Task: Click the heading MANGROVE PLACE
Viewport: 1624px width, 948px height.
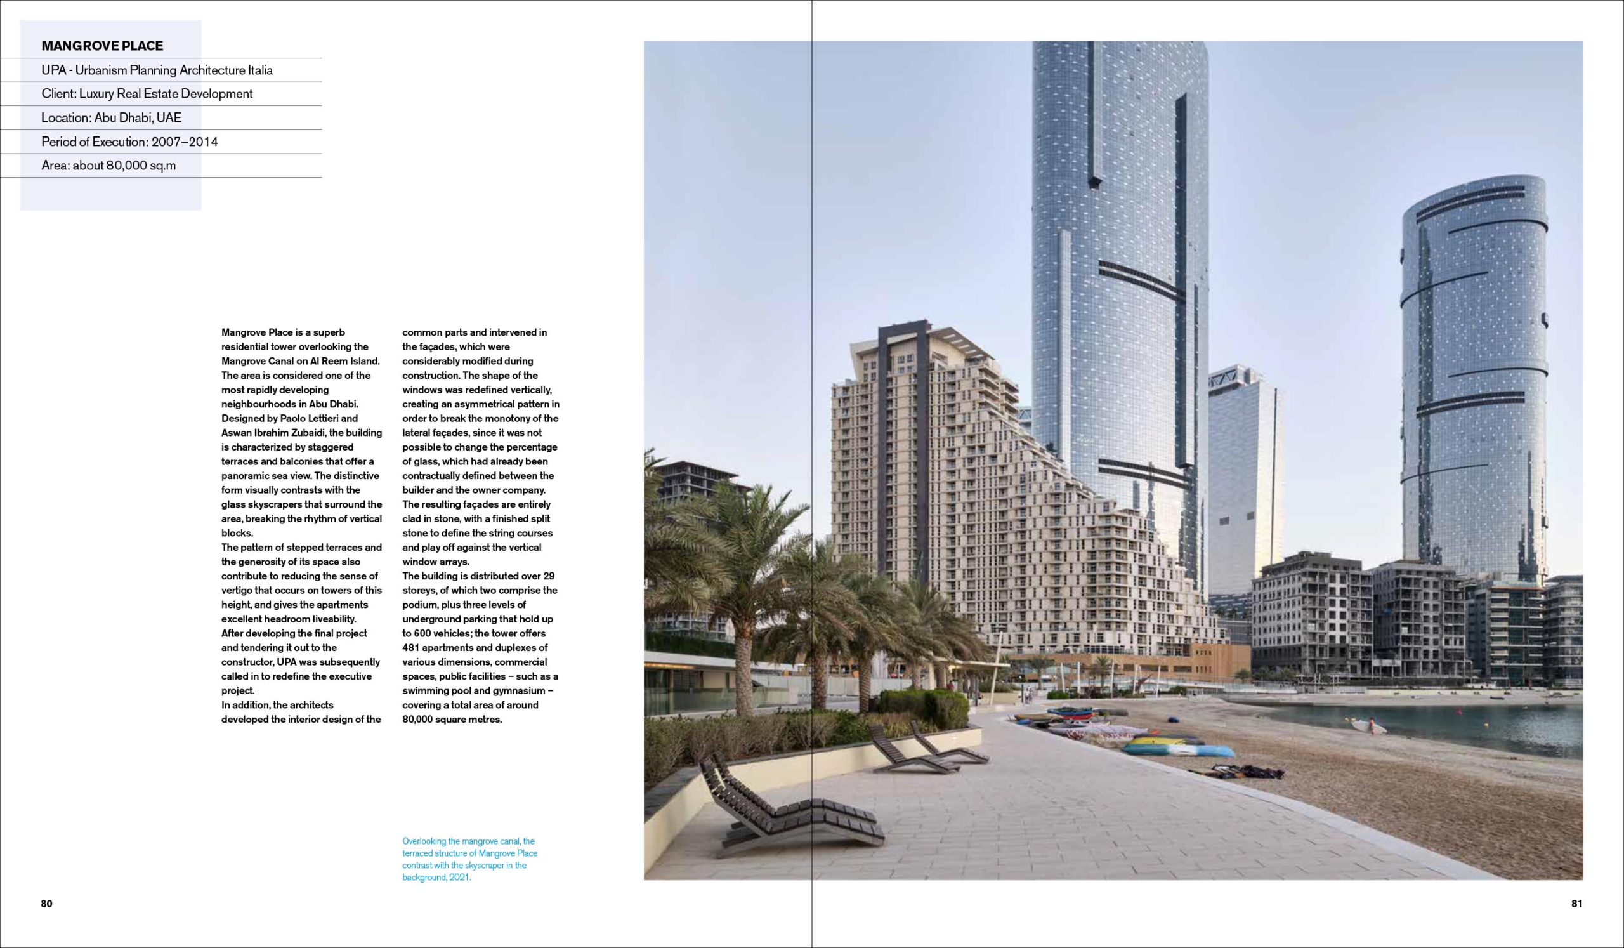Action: (x=103, y=46)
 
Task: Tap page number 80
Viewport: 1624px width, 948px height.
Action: (x=46, y=904)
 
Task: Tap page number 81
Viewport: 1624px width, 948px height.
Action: (x=1576, y=904)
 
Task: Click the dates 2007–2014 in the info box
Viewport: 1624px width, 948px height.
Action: (x=185, y=142)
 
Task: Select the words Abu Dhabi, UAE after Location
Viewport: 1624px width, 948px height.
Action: (x=138, y=118)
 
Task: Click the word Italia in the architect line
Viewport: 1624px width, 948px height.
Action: (x=260, y=70)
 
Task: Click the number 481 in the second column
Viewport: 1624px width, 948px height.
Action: (x=411, y=648)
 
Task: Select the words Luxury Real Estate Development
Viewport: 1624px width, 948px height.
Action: (x=166, y=94)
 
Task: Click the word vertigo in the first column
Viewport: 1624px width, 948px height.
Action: (x=239, y=590)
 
